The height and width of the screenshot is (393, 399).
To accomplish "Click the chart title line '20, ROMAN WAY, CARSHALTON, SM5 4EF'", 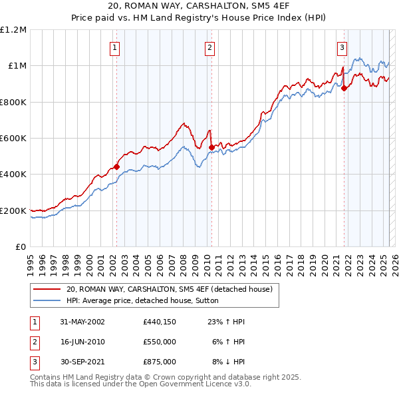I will click(x=199, y=7).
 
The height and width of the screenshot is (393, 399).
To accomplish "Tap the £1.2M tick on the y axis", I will click(x=13, y=30).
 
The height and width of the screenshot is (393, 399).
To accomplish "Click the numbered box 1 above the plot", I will click(x=115, y=47).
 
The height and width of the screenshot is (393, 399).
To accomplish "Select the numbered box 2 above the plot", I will click(x=209, y=47).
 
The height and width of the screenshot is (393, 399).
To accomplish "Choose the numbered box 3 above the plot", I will click(x=342, y=47).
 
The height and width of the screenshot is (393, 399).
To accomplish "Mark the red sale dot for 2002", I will click(x=116, y=167).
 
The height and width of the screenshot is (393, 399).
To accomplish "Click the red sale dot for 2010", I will click(x=211, y=147).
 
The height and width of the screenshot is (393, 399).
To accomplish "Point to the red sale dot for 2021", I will click(x=344, y=89).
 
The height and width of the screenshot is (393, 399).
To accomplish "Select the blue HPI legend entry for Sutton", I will click(x=146, y=300).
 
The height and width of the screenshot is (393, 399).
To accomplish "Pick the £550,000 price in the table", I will click(x=159, y=342).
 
